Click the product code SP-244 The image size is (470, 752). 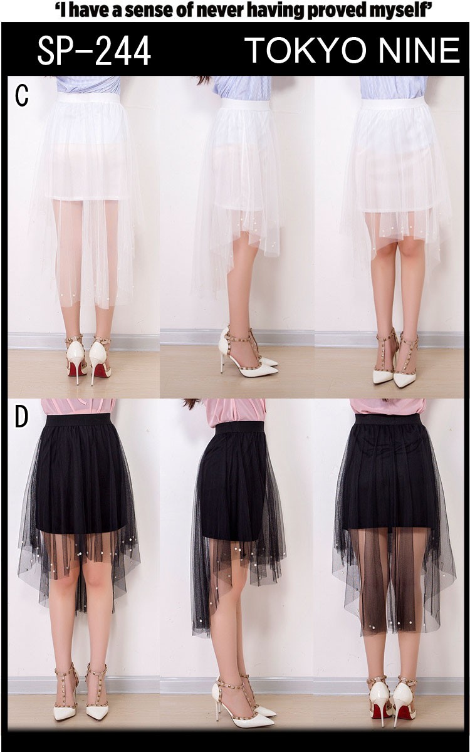point(94,51)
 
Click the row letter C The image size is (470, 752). point(21,96)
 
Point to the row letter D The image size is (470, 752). point(21,417)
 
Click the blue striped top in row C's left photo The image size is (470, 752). point(88,85)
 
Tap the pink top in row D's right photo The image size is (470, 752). point(388,407)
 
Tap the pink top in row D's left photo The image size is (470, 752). point(79,407)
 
